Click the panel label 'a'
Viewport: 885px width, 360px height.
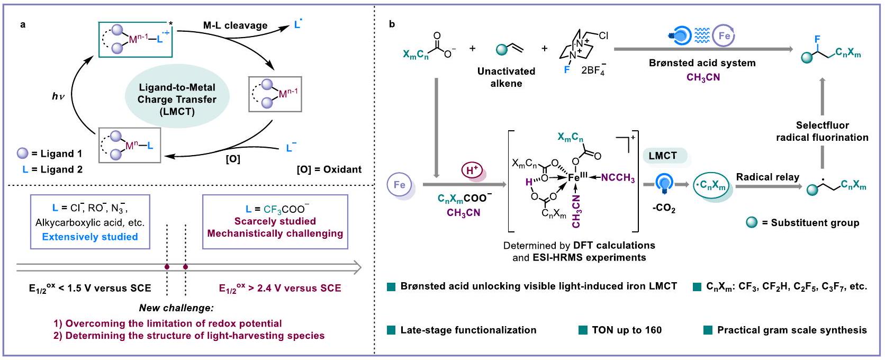(22, 24)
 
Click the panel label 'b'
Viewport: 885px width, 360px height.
(391, 24)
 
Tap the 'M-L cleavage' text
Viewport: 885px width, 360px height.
(235, 25)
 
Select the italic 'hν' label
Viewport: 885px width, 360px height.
(58, 96)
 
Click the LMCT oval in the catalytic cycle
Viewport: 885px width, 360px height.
(177, 100)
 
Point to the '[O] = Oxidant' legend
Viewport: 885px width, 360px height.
(329, 169)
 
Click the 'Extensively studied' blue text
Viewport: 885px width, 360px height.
(90, 237)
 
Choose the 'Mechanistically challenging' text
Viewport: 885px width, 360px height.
(275, 233)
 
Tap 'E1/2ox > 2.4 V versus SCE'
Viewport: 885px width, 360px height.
(280, 288)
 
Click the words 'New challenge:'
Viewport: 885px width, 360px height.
(176, 308)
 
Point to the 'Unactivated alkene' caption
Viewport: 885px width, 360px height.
(506, 77)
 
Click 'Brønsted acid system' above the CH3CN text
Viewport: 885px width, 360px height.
(702, 63)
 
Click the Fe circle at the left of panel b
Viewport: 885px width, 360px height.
(400, 185)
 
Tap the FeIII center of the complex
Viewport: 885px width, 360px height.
(575, 178)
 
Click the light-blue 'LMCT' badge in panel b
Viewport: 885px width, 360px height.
(662, 156)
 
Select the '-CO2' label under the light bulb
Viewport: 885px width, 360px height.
(663, 209)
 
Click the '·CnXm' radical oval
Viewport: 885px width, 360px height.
(713, 185)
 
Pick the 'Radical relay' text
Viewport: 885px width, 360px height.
(767, 177)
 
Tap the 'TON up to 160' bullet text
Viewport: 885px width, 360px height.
(626, 330)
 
